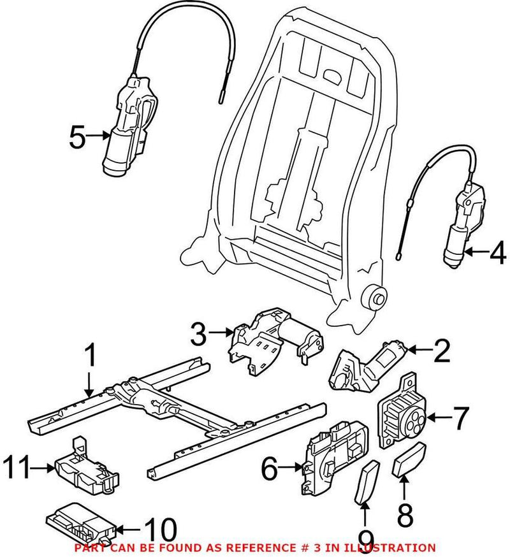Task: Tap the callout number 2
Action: [x=441, y=350]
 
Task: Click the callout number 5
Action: [x=77, y=136]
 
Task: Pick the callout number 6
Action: [x=270, y=470]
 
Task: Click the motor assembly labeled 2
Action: [x=363, y=366]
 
